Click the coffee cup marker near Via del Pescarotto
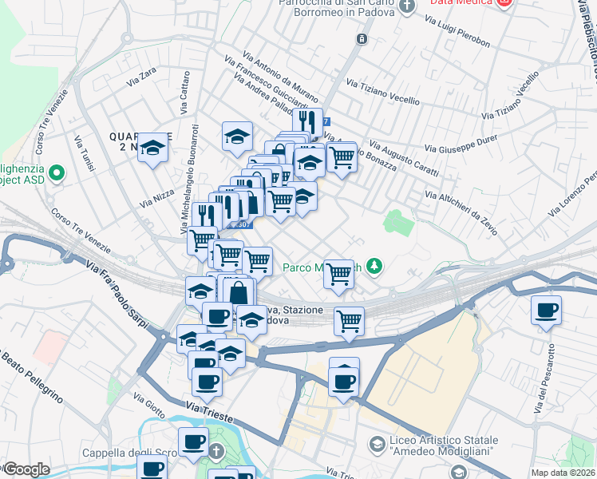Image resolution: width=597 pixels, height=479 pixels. tap(546, 311)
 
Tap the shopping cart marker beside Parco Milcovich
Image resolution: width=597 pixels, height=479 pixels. tap(339, 274)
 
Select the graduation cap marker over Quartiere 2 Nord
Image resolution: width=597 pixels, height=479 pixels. tap(153, 148)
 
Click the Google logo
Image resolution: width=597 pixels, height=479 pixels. tap(26, 469)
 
